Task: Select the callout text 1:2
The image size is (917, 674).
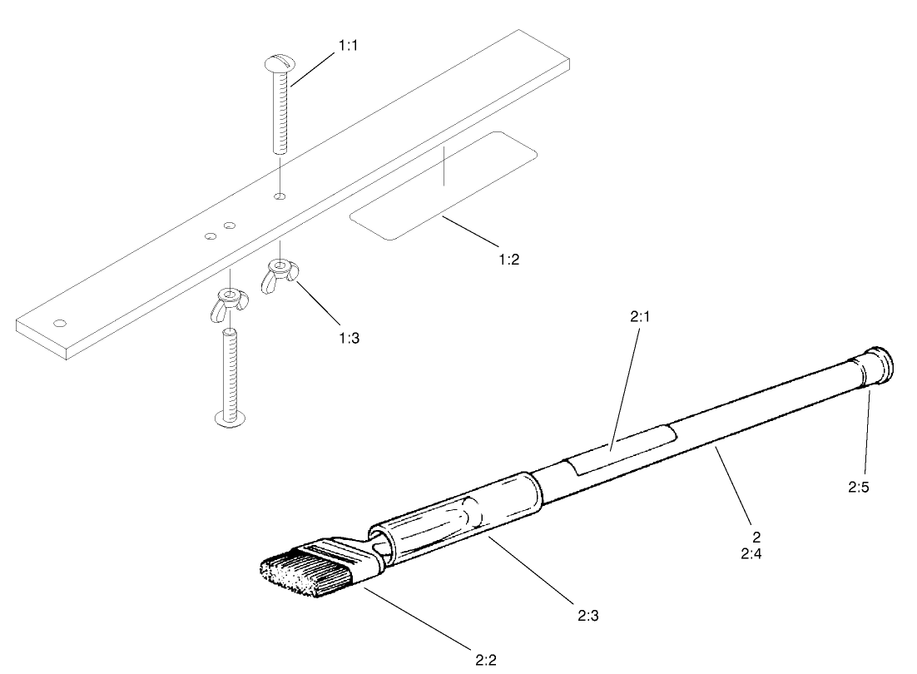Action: tap(509, 259)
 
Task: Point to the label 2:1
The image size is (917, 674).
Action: tap(639, 317)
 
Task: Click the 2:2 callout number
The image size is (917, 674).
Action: tap(487, 661)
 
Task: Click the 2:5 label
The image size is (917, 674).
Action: tap(859, 488)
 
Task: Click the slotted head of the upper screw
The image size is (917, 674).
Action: tap(278, 62)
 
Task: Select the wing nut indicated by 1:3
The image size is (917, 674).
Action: tap(280, 272)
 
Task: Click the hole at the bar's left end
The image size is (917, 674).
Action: tap(59, 322)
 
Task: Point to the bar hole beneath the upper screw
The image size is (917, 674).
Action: tap(281, 196)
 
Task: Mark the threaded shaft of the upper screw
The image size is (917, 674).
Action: tap(280, 112)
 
